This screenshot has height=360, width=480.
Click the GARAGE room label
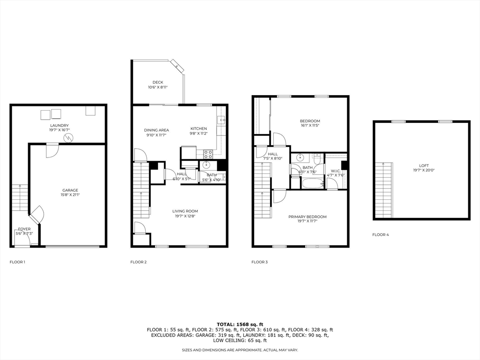click(70, 190)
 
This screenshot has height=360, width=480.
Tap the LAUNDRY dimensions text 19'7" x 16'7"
click(60, 130)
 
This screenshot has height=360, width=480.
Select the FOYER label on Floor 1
click(24, 229)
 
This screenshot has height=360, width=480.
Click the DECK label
click(158, 82)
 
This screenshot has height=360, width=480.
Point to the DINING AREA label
click(157, 130)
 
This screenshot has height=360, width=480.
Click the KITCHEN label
click(198, 128)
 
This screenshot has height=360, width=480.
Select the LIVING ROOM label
click(185, 211)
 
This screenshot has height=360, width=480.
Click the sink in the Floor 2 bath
click(207, 165)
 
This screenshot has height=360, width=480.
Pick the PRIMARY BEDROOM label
click(307, 217)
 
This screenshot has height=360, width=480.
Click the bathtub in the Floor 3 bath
click(312, 183)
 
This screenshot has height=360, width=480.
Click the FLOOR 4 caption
click(381, 234)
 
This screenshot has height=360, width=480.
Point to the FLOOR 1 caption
click(17, 262)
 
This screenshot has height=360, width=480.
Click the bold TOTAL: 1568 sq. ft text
click(240, 324)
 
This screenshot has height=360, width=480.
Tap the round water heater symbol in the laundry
click(69, 137)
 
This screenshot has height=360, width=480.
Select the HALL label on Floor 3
click(272, 154)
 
